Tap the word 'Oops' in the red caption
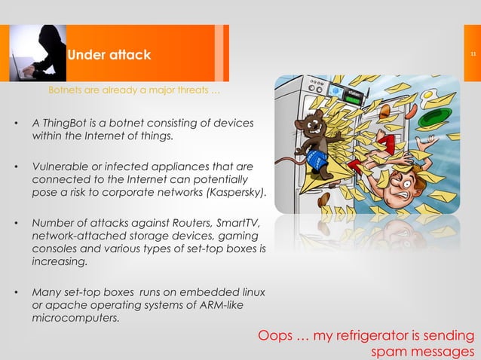tap(274, 336)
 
